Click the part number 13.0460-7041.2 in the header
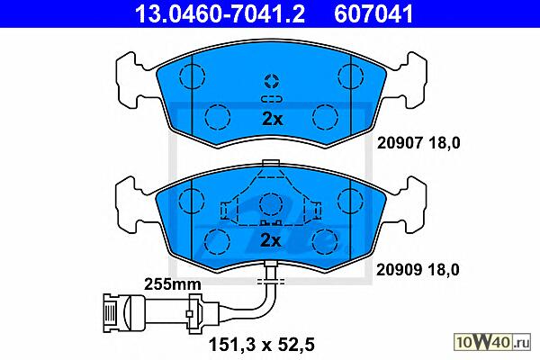[220, 13]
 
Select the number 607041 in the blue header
[373, 13]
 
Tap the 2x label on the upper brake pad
[272, 119]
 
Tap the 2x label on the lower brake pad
[271, 240]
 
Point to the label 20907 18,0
[418, 142]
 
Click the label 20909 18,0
[418, 270]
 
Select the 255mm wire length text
[172, 284]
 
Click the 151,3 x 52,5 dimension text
[262, 345]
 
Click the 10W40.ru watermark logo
[493, 342]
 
